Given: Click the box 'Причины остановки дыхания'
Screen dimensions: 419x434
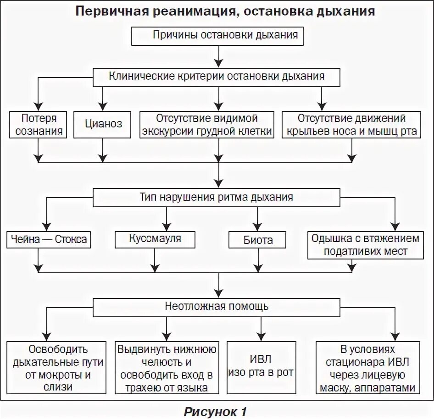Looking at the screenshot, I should coord(217,36).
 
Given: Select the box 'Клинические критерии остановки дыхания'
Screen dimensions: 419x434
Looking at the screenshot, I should coord(217,77).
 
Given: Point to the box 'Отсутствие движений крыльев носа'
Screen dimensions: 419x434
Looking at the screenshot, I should coord(351,125).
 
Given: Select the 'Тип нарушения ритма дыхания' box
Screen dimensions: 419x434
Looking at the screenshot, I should coord(217,198).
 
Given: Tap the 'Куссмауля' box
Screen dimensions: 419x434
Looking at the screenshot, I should coord(155,239).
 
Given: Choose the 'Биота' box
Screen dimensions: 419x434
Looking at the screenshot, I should coord(258,240).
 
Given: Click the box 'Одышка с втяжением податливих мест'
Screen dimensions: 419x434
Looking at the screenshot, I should coord(365,245).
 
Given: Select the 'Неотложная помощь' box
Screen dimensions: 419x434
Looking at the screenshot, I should coord(217,306).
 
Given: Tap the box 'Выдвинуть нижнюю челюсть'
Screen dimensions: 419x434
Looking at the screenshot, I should coord(166,368).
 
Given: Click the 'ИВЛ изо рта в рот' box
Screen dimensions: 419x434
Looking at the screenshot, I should coord(261,368).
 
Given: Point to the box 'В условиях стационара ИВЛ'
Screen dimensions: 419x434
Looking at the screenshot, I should coord(368,368).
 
